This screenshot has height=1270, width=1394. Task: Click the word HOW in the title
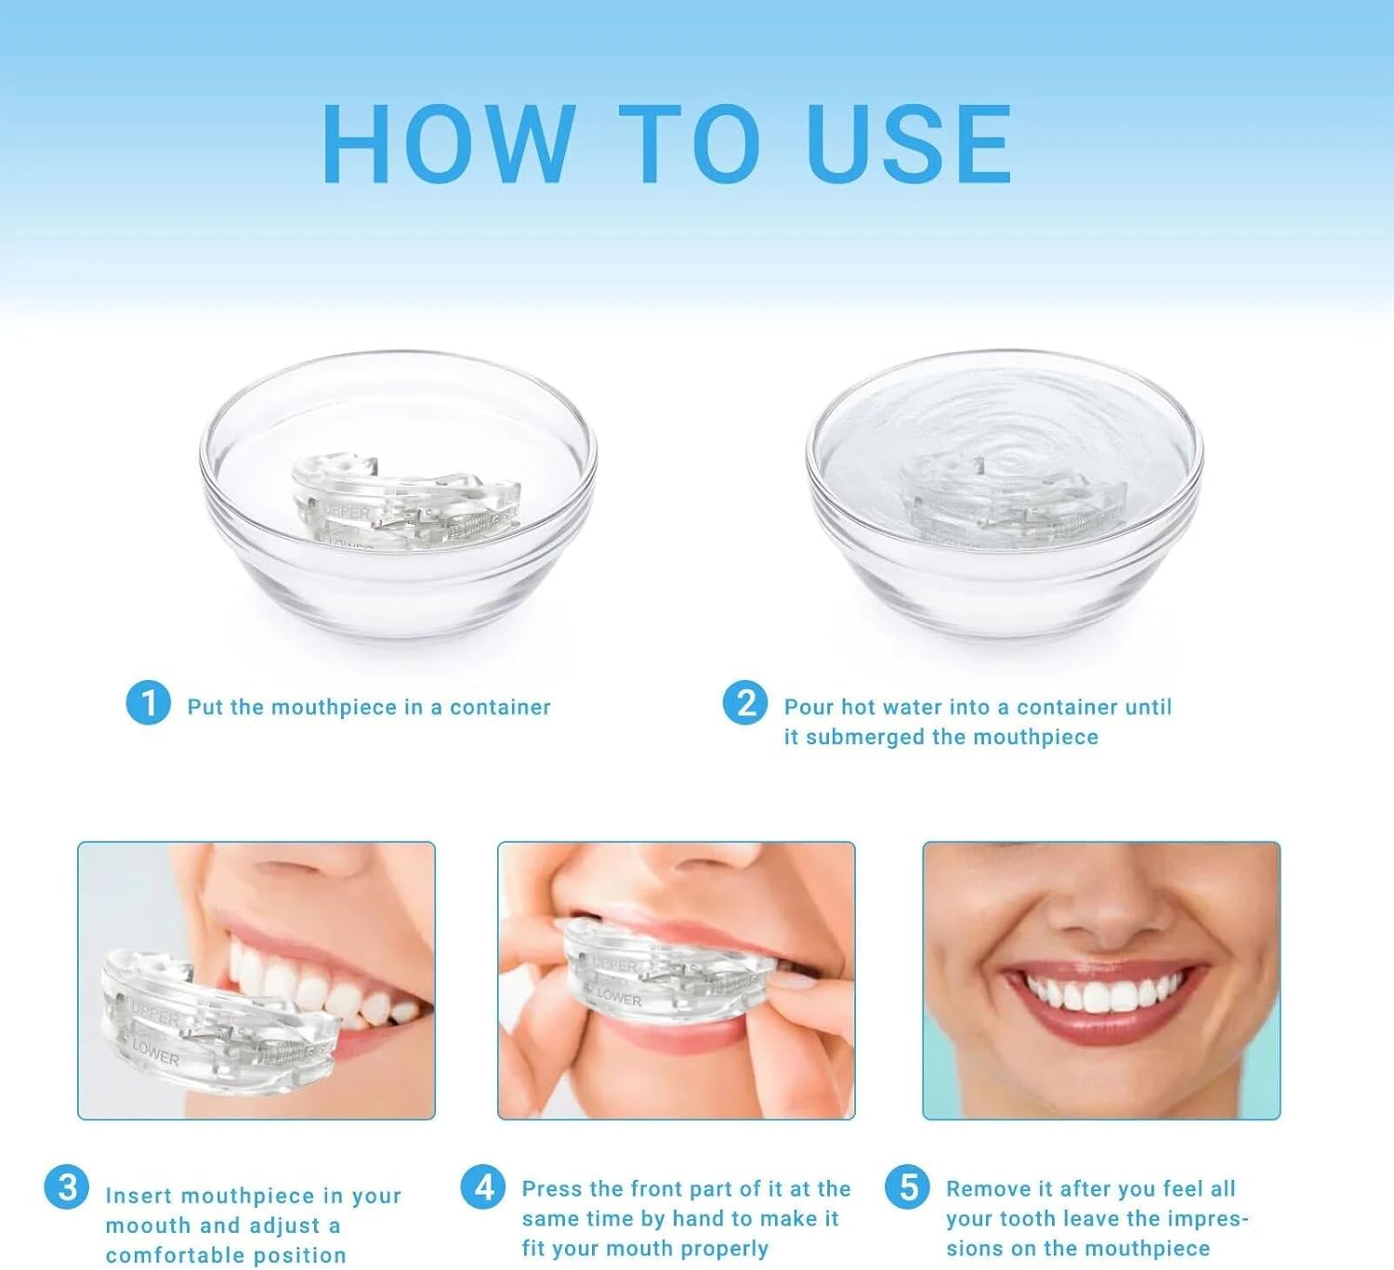click(448, 145)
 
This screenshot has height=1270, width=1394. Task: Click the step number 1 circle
click(148, 703)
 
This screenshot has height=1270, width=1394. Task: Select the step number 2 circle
click(745, 703)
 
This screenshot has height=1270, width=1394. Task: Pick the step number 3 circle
click(68, 1187)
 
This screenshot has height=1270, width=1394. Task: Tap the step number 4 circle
click(484, 1186)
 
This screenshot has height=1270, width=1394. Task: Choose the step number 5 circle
click(908, 1186)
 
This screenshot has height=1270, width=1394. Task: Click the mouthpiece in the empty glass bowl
click(404, 502)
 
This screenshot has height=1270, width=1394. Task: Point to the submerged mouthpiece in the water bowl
click(999, 502)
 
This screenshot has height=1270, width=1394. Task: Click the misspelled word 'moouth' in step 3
click(149, 1225)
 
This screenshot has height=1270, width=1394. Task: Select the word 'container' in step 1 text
click(500, 707)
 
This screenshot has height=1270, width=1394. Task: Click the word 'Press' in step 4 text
click(552, 1189)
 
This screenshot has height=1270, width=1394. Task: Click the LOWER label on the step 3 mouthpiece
click(155, 1054)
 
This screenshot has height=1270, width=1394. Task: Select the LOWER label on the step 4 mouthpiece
click(619, 998)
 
